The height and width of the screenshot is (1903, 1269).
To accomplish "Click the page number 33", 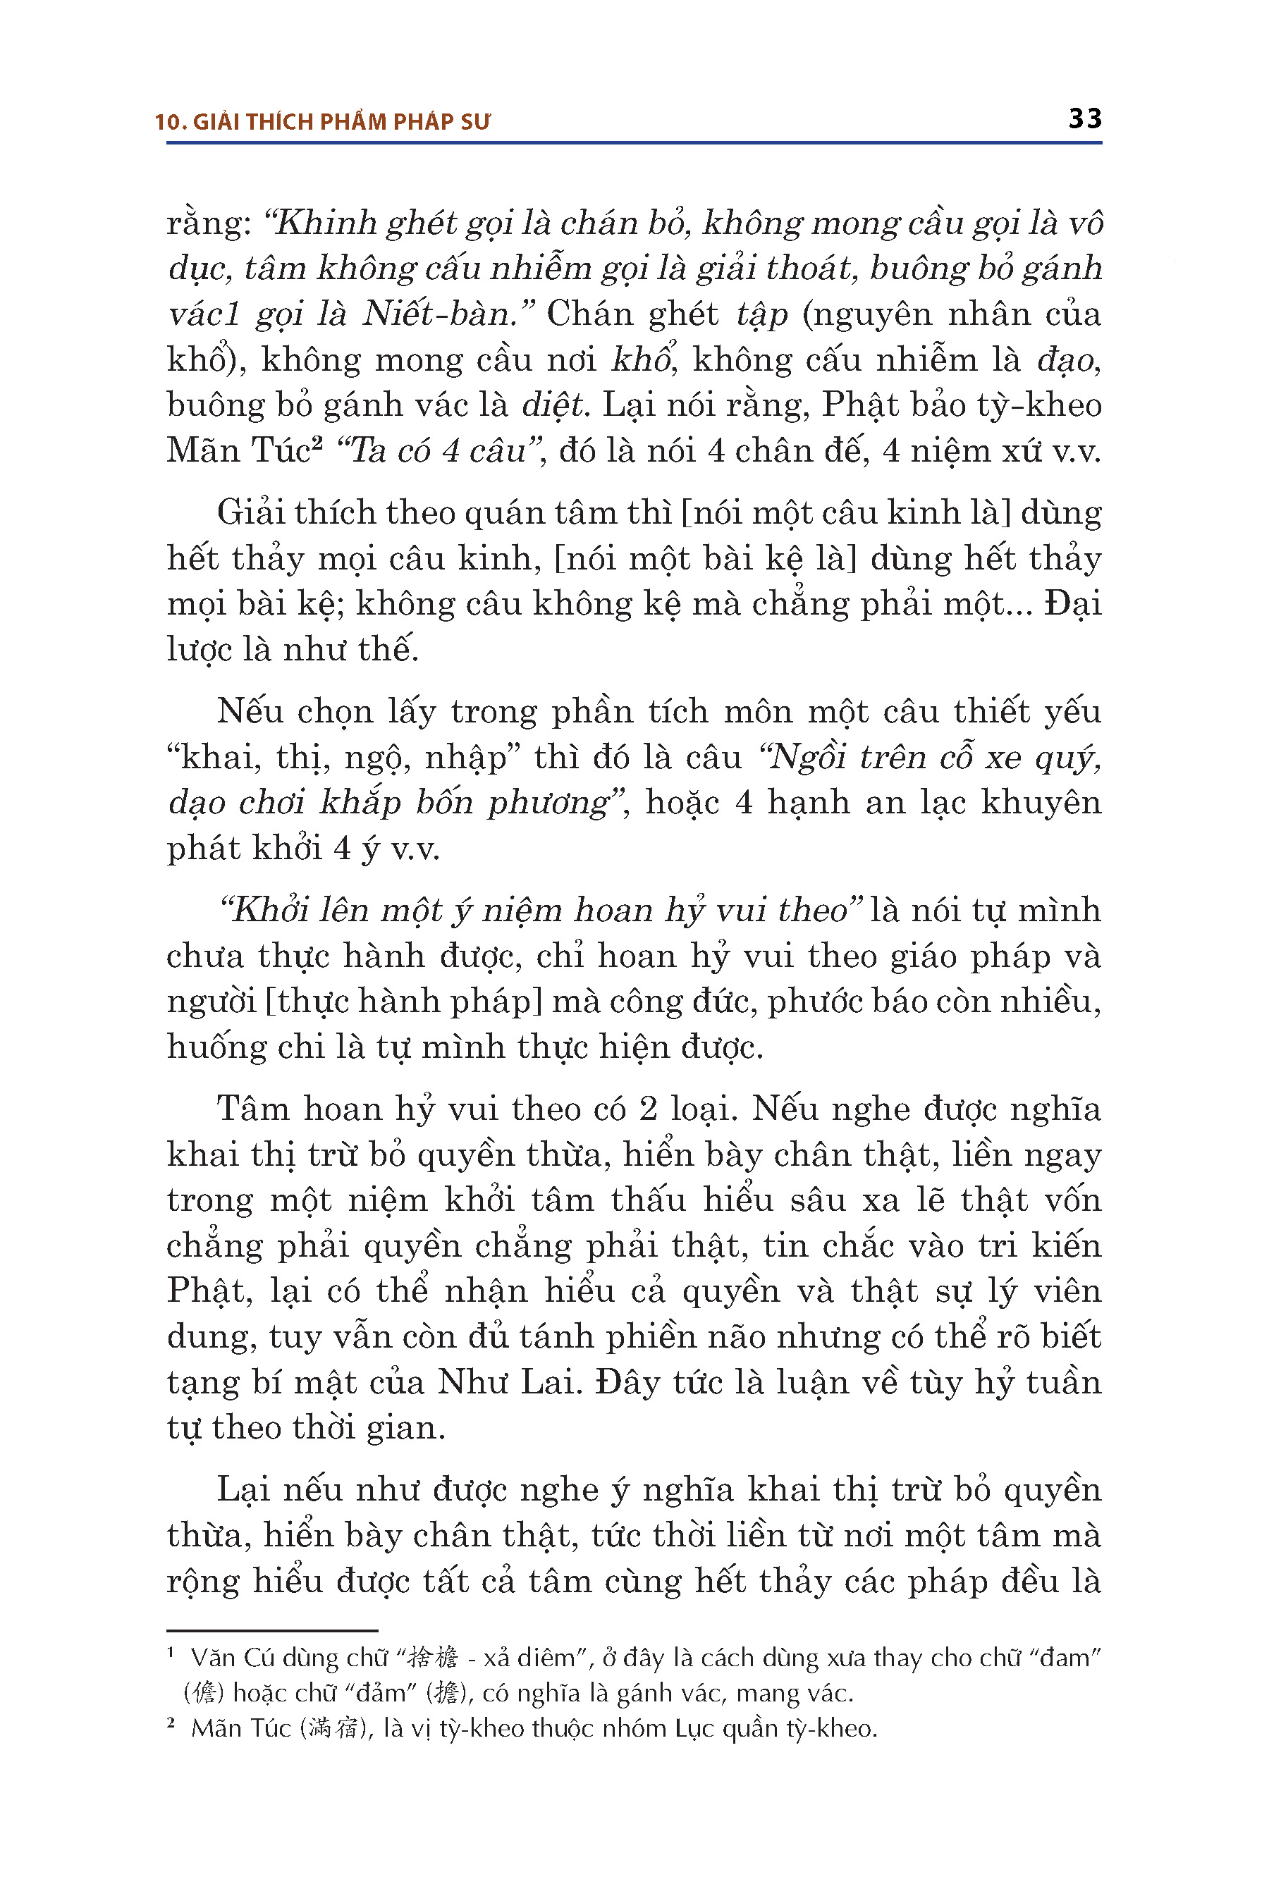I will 1084,119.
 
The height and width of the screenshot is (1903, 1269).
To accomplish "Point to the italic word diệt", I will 553,405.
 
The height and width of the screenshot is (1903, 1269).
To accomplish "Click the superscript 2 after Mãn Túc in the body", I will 317,443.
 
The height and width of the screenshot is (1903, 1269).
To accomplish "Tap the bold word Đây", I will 628,1383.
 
